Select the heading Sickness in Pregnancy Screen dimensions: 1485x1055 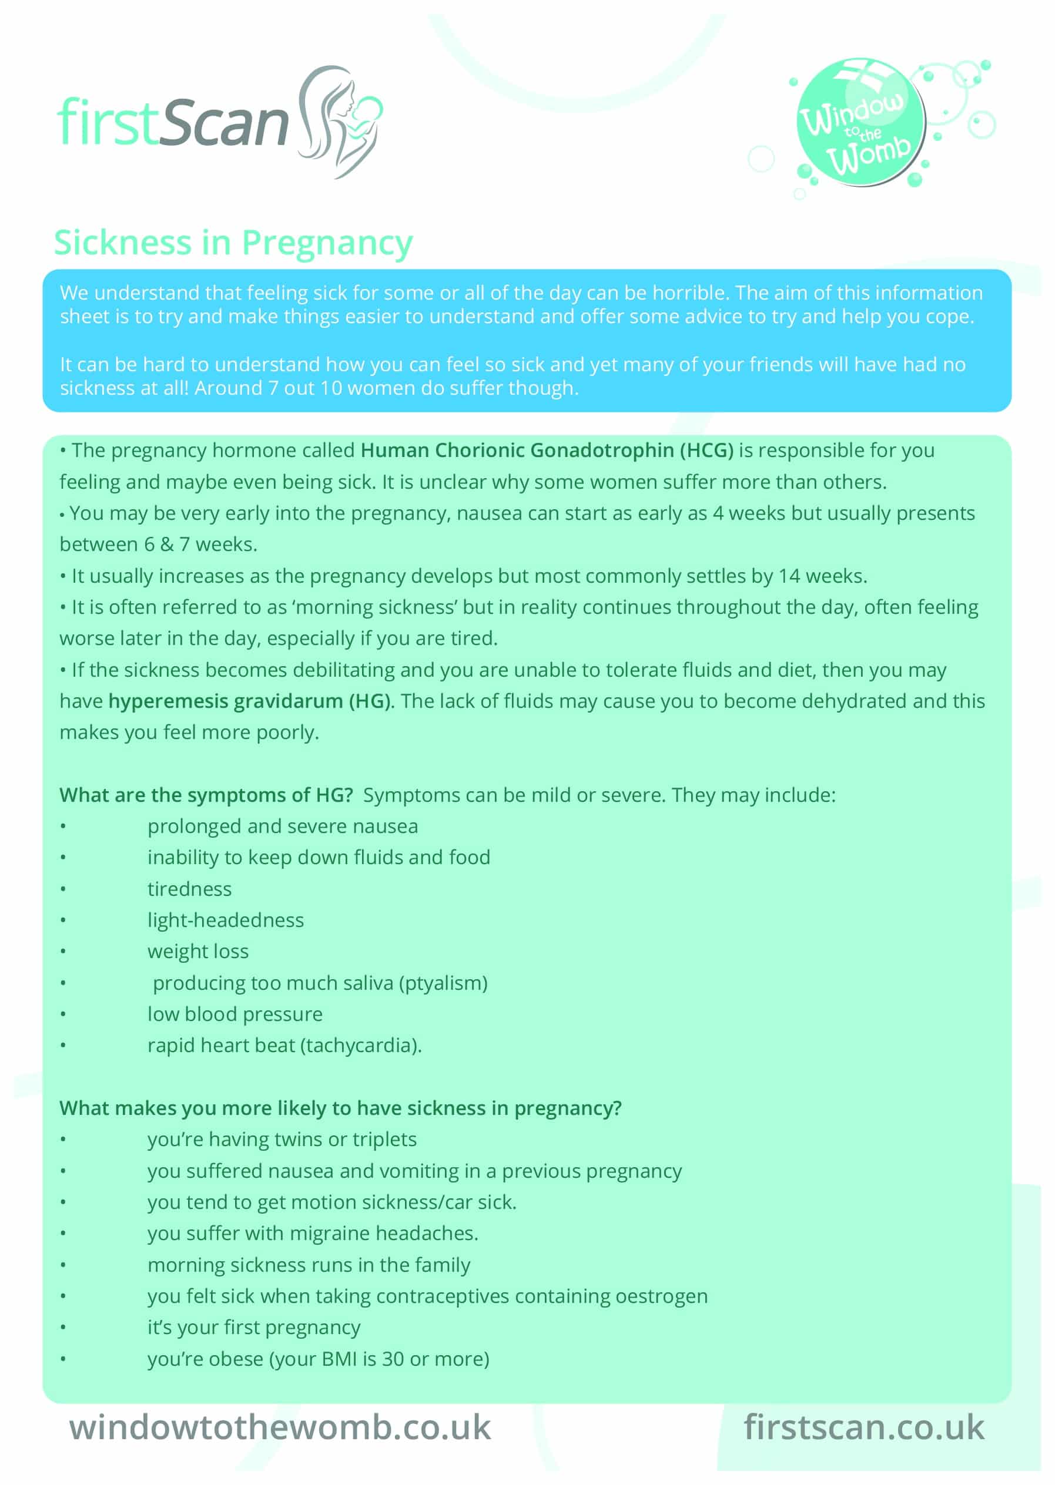[x=233, y=243]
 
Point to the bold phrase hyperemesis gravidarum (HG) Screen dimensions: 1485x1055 [x=251, y=701]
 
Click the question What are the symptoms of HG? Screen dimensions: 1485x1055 [x=206, y=795]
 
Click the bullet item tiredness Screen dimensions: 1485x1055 [x=189, y=889]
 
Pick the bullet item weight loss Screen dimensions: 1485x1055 [x=197, y=951]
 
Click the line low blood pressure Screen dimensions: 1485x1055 [x=235, y=1014]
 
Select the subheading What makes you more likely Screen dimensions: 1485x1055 [x=340, y=1108]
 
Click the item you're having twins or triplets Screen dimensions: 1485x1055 [x=282, y=1140]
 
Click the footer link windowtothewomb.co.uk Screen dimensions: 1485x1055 [x=280, y=1428]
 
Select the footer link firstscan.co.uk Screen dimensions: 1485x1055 [x=863, y=1428]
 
